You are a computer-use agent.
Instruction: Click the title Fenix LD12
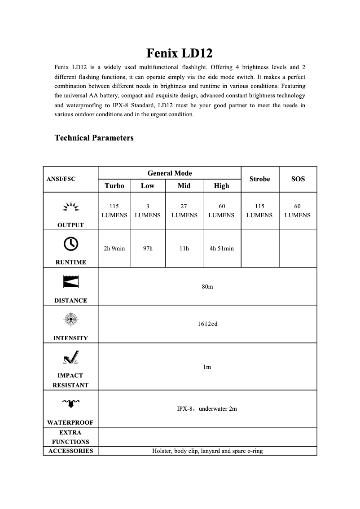180,53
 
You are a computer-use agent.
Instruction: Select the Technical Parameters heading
94,138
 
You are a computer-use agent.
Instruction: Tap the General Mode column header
170,173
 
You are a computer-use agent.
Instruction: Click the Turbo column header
114,186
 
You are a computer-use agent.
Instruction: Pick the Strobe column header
259,179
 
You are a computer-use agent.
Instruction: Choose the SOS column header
298,179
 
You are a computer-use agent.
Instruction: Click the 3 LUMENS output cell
148,211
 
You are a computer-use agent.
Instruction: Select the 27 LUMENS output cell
184,211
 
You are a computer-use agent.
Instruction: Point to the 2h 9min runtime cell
114,248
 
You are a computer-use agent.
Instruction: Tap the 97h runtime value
148,248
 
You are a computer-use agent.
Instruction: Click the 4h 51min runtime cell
222,248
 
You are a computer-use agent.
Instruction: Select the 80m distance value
207,286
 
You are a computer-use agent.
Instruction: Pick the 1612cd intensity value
207,324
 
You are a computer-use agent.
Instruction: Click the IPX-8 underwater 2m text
207,409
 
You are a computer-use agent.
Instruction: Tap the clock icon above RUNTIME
71,243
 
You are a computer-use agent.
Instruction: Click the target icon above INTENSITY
71,319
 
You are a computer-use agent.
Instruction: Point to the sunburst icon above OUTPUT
70,207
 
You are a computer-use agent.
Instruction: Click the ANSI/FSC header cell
61,179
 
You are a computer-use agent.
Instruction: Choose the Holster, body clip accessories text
207,451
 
